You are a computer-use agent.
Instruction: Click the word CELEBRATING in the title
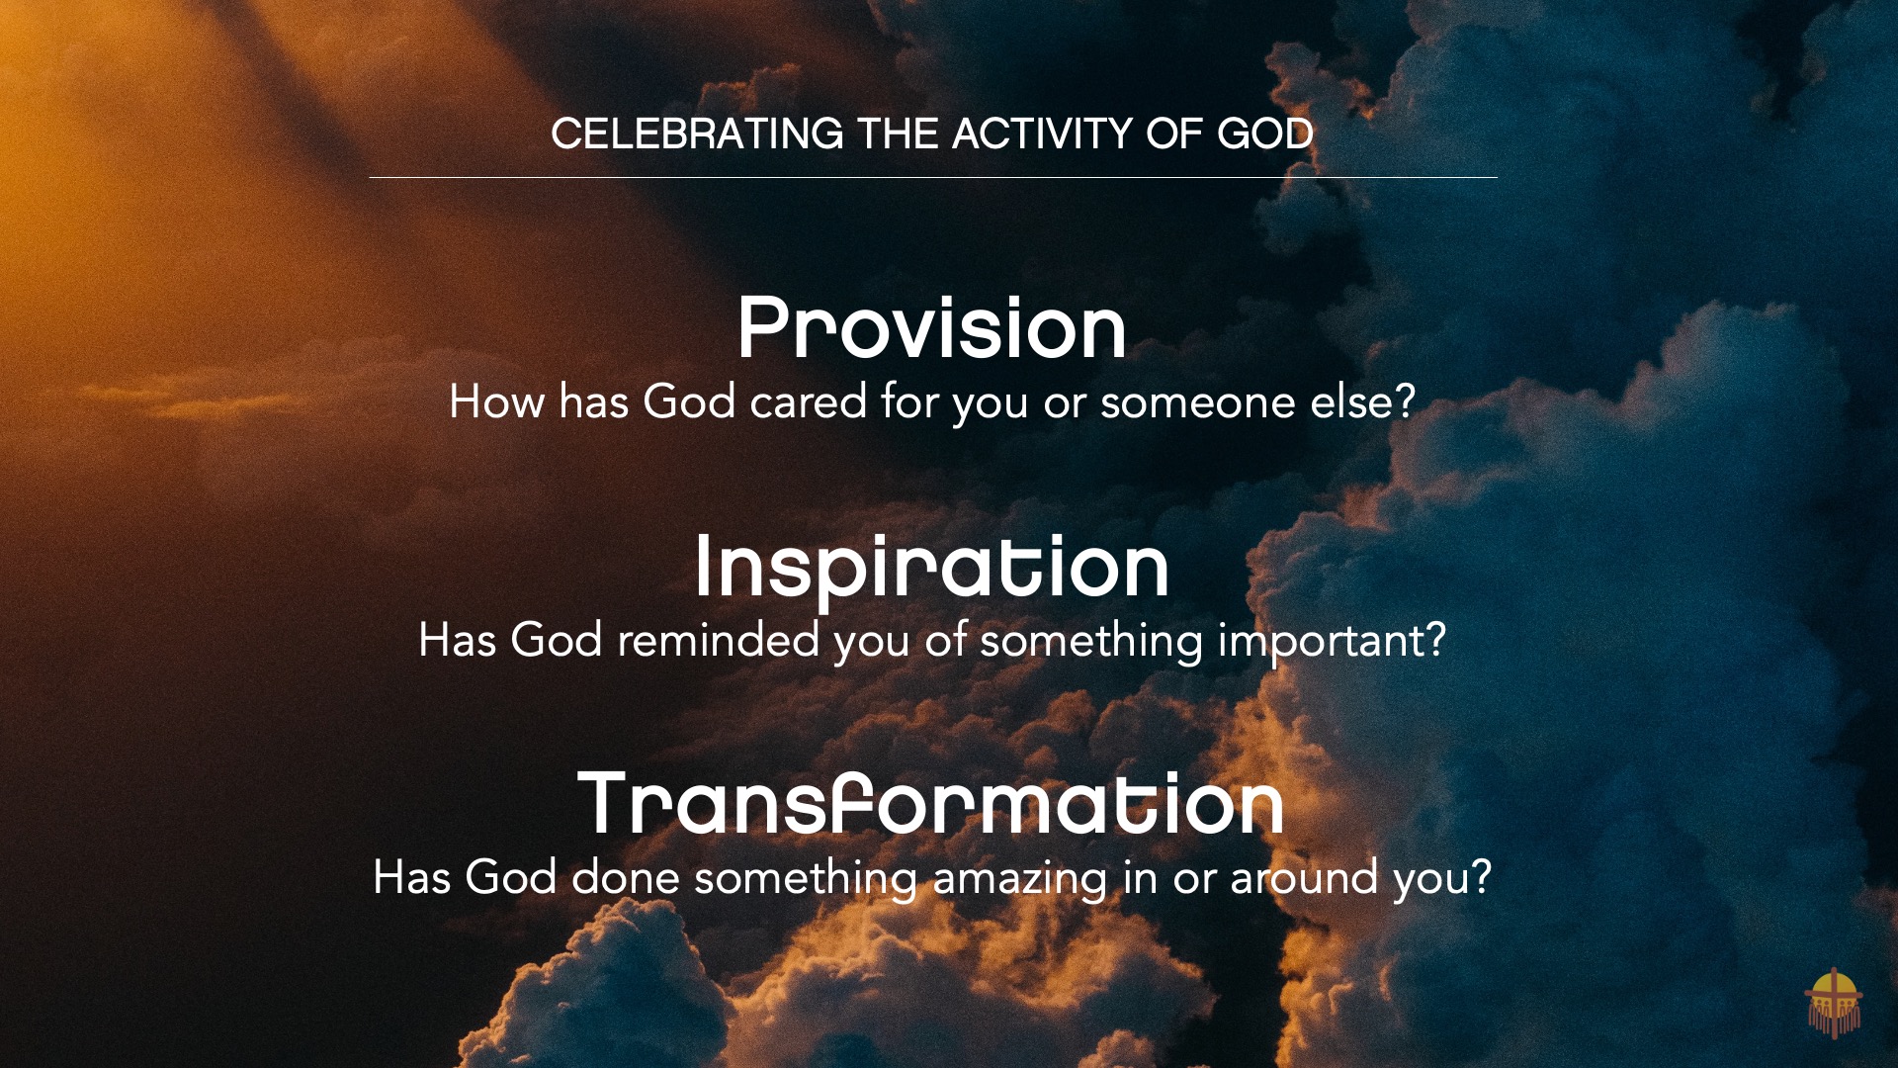[x=697, y=133]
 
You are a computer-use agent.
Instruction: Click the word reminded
[x=719, y=640]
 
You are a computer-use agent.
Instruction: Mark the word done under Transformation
[x=625, y=878]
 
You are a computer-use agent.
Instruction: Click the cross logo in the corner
[x=1834, y=1002]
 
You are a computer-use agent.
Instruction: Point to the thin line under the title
[x=933, y=178]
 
